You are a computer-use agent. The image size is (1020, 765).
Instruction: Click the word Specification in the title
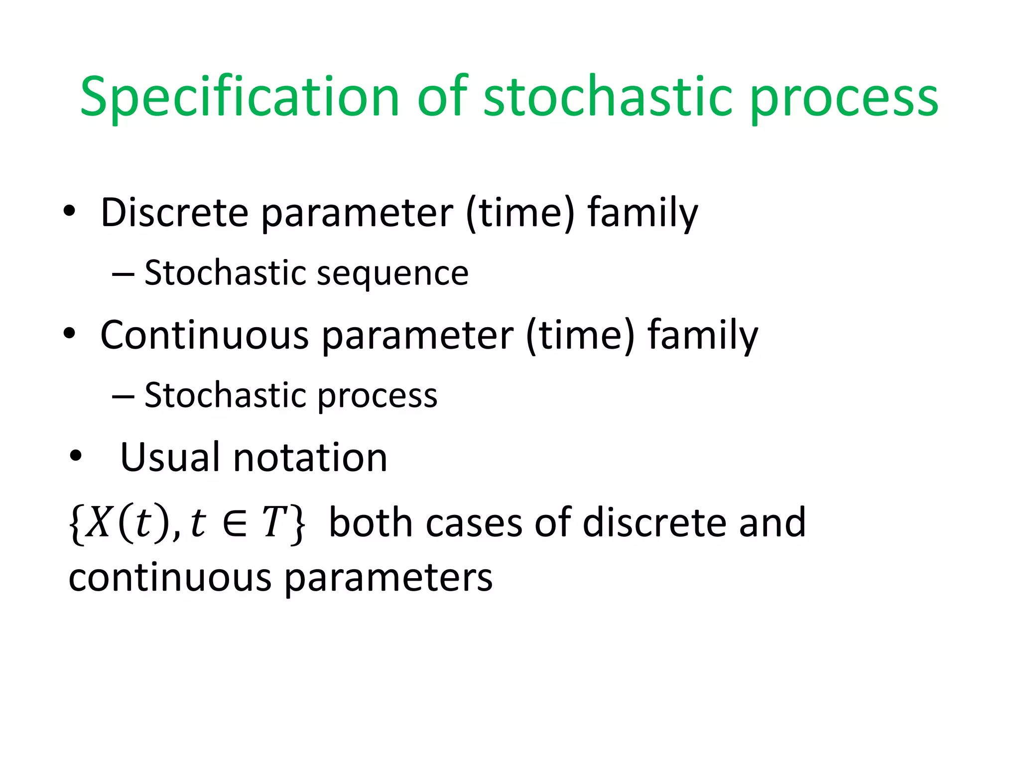239,97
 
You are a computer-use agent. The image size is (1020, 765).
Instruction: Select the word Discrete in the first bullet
174,213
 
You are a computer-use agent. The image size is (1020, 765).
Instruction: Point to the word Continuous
204,335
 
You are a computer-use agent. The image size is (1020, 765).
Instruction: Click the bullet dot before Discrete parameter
69,211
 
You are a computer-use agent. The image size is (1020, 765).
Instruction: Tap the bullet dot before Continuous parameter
69,334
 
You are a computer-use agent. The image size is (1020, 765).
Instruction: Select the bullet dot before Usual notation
76,455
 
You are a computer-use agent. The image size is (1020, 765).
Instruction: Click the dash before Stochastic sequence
123,274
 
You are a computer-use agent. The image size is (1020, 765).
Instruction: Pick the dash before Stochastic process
123,396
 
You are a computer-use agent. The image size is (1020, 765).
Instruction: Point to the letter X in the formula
98,523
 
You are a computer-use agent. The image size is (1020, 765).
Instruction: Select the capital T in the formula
274,523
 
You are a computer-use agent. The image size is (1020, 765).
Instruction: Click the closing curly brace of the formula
298,524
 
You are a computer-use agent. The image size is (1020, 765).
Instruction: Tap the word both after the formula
371,523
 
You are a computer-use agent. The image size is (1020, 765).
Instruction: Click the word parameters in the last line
388,579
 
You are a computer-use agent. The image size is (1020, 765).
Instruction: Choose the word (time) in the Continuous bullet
581,335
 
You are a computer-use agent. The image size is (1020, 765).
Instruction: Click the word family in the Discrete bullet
642,213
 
